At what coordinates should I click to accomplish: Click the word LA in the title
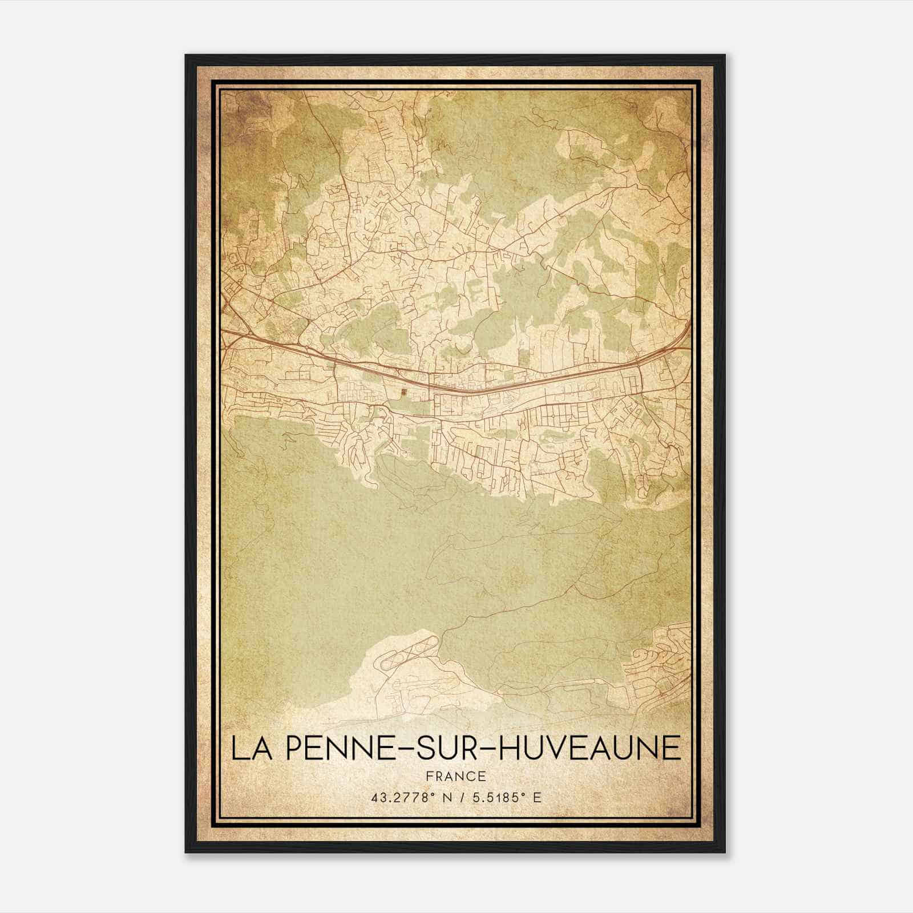250,749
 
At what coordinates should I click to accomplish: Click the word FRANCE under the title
455,777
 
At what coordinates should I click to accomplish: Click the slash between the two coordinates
466,798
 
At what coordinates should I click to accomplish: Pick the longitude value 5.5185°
502,798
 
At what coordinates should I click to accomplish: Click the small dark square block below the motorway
404,392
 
